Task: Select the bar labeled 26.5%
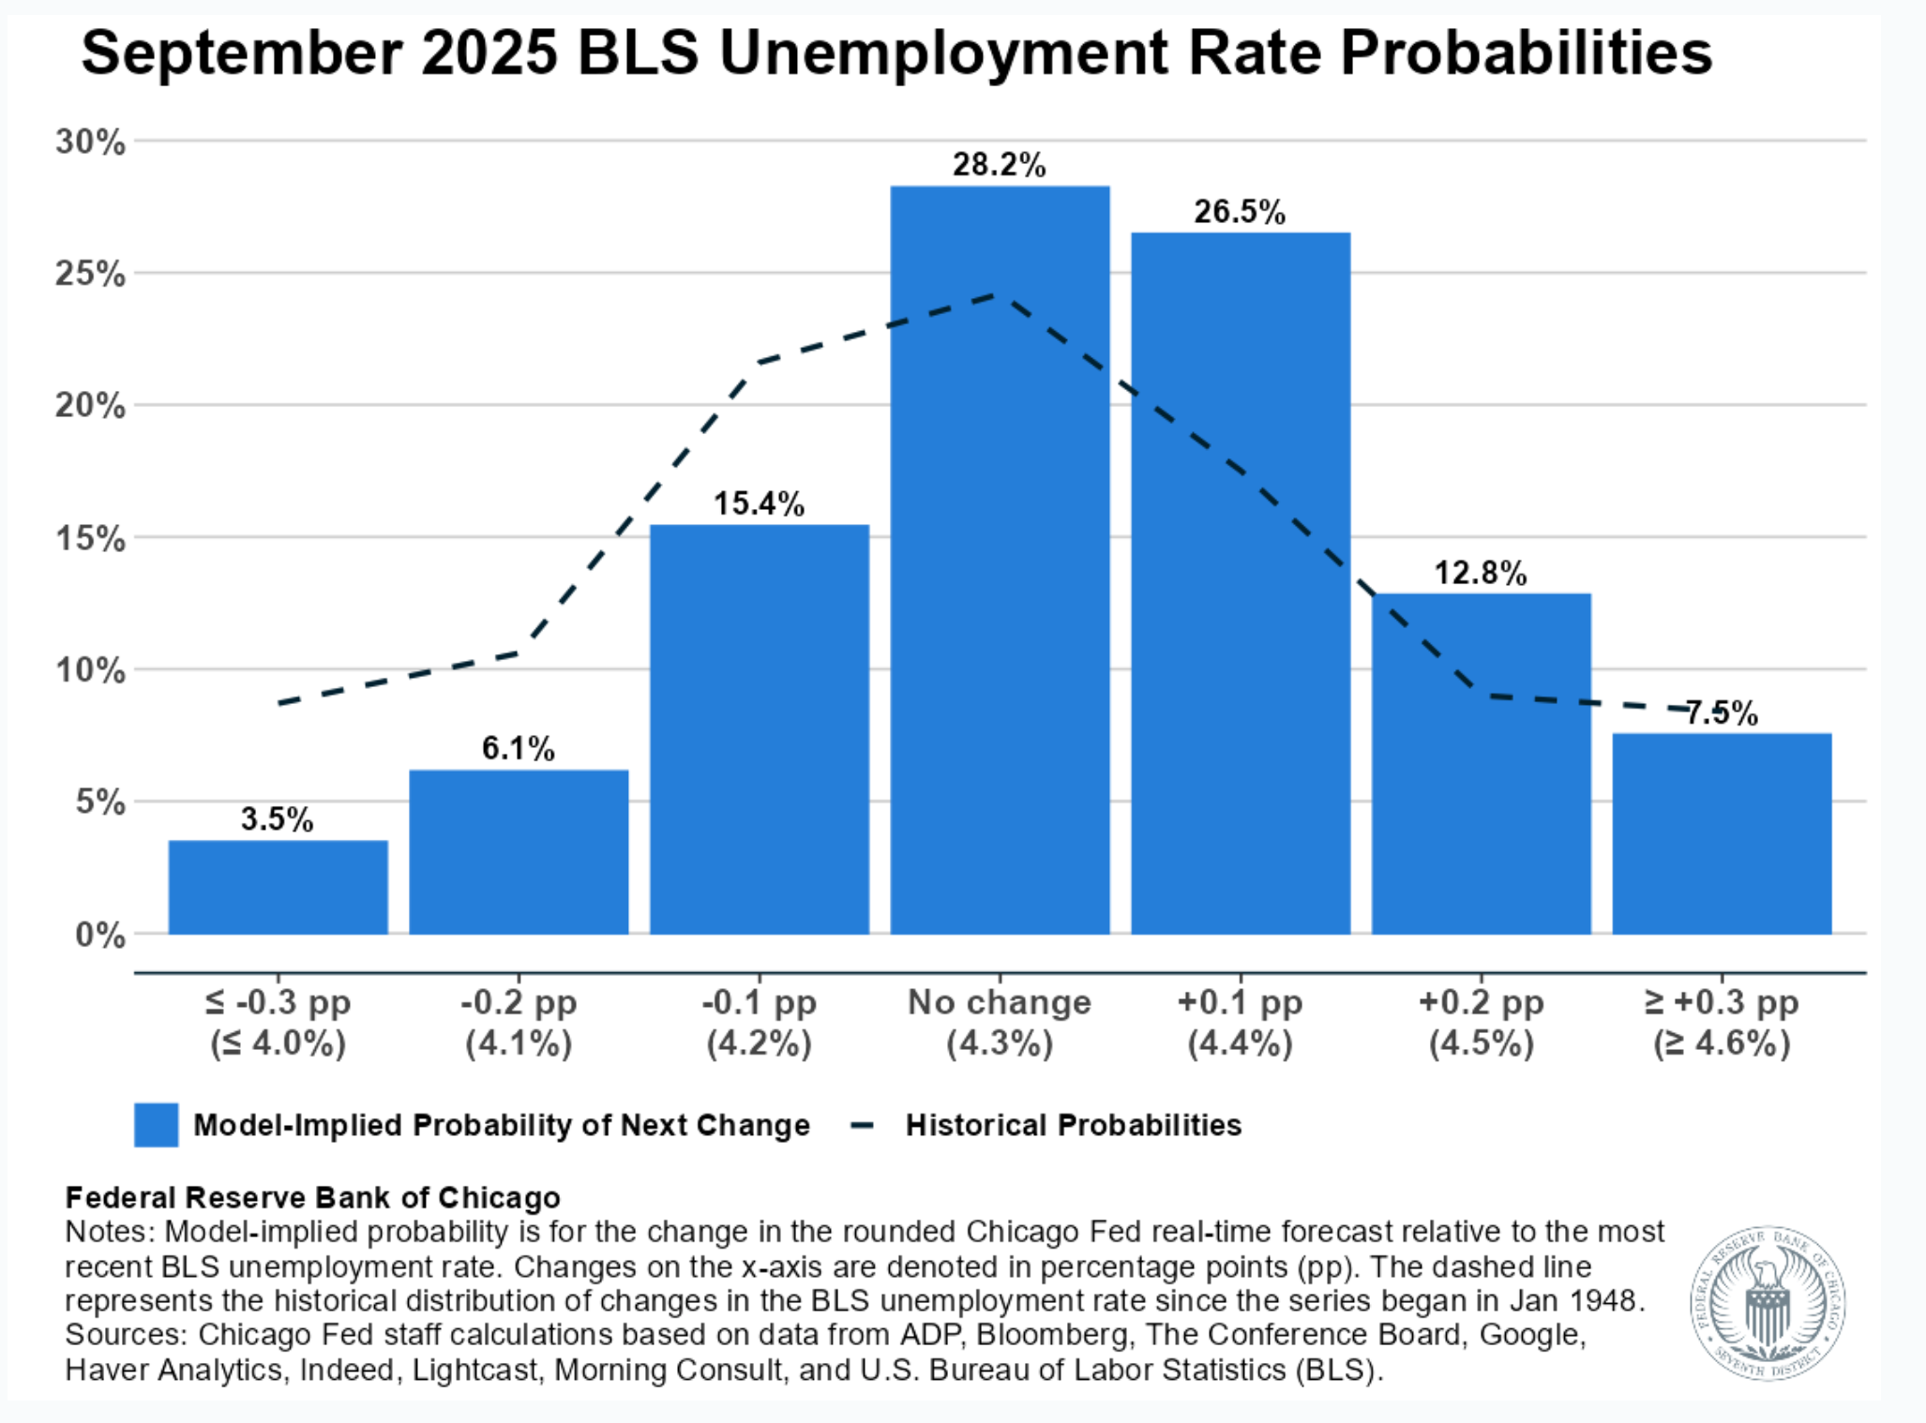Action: coord(1241,582)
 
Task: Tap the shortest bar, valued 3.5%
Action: coord(278,887)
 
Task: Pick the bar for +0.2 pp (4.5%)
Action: coord(1481,763)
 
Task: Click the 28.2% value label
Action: coord(999,165)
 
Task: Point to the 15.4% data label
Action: coord(759,503)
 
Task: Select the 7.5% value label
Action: coord(1722,713)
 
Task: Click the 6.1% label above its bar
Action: coord(518,748)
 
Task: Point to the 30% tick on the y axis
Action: coord(90,142)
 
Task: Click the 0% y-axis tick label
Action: coord(99,935)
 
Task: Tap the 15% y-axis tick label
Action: coord(90,539)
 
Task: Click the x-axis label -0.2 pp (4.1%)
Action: coord(519,1023)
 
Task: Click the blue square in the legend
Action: coord(156,1125)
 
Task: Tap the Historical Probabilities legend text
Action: coord(1073,1125)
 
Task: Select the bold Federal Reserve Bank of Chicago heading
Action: coord(312,1197)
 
